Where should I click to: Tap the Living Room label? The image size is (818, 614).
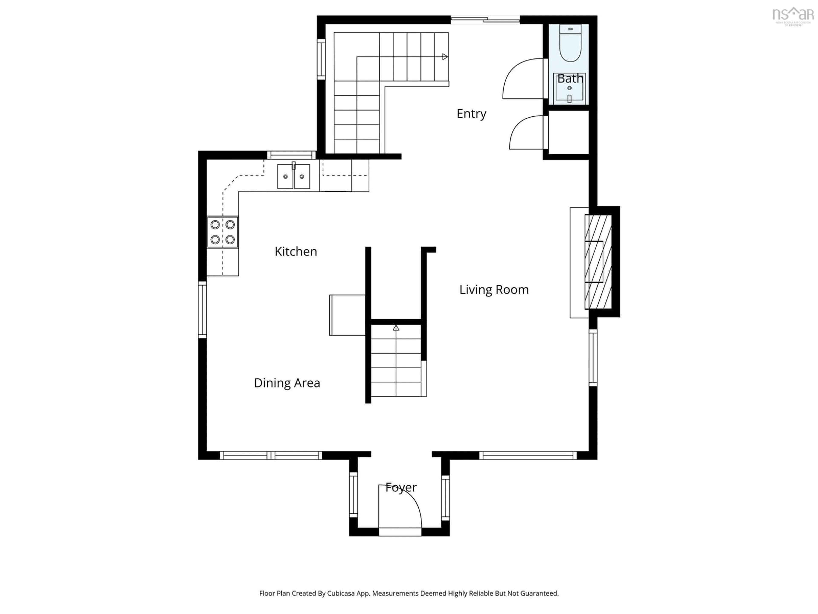point(494,290)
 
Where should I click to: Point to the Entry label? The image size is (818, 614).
point(471,114)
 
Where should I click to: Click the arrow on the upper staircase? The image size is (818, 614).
point(445,57)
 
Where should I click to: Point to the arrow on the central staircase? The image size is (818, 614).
point(396,328)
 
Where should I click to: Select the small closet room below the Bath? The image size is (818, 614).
point(568,132)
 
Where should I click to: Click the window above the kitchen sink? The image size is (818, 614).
point(291,155)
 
